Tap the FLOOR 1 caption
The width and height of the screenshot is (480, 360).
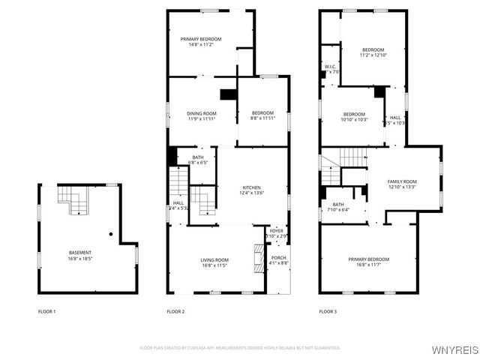47,311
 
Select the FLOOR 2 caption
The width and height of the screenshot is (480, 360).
175,311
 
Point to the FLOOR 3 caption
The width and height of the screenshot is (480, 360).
328,311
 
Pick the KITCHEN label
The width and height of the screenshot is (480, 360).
251,187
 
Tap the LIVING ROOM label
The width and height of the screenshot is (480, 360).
214,259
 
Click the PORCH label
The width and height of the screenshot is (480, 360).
278,258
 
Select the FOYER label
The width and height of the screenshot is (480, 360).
277,231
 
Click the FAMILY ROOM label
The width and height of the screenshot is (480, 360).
401,181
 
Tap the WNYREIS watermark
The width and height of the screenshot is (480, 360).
454,350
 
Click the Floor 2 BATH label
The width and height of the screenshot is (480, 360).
196,157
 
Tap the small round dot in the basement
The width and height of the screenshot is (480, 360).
111,234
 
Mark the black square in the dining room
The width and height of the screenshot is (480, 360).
228,94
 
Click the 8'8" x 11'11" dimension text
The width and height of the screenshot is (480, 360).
262,118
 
